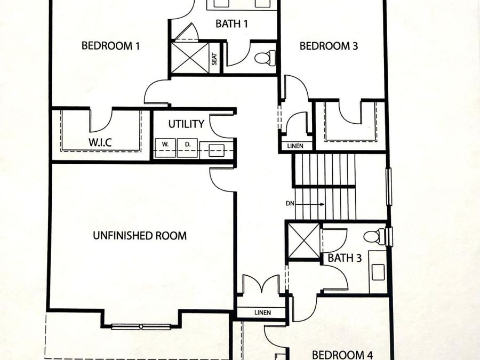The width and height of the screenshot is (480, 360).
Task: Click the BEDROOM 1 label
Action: [110, 46]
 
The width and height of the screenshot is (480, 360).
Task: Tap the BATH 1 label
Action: [231, 24]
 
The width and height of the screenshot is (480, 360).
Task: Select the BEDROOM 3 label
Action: [329, 46]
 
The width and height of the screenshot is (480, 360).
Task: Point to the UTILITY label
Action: [186, 124]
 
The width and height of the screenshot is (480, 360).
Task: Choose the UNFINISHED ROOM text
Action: [140, 235]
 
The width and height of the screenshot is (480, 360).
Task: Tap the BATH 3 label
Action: [345, 259]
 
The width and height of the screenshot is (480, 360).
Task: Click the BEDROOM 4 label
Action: [342, 355]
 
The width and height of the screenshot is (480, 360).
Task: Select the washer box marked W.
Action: [166, 144]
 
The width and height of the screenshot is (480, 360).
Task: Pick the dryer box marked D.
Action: [187, 144]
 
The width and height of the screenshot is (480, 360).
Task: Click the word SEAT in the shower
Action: [214, 58]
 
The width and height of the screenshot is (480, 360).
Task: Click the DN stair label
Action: [290, 204]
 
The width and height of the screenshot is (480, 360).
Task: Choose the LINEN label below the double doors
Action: [262, 313]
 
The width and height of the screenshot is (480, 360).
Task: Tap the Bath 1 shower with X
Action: [189, 58]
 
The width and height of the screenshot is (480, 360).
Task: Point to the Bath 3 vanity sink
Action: [378, 271]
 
